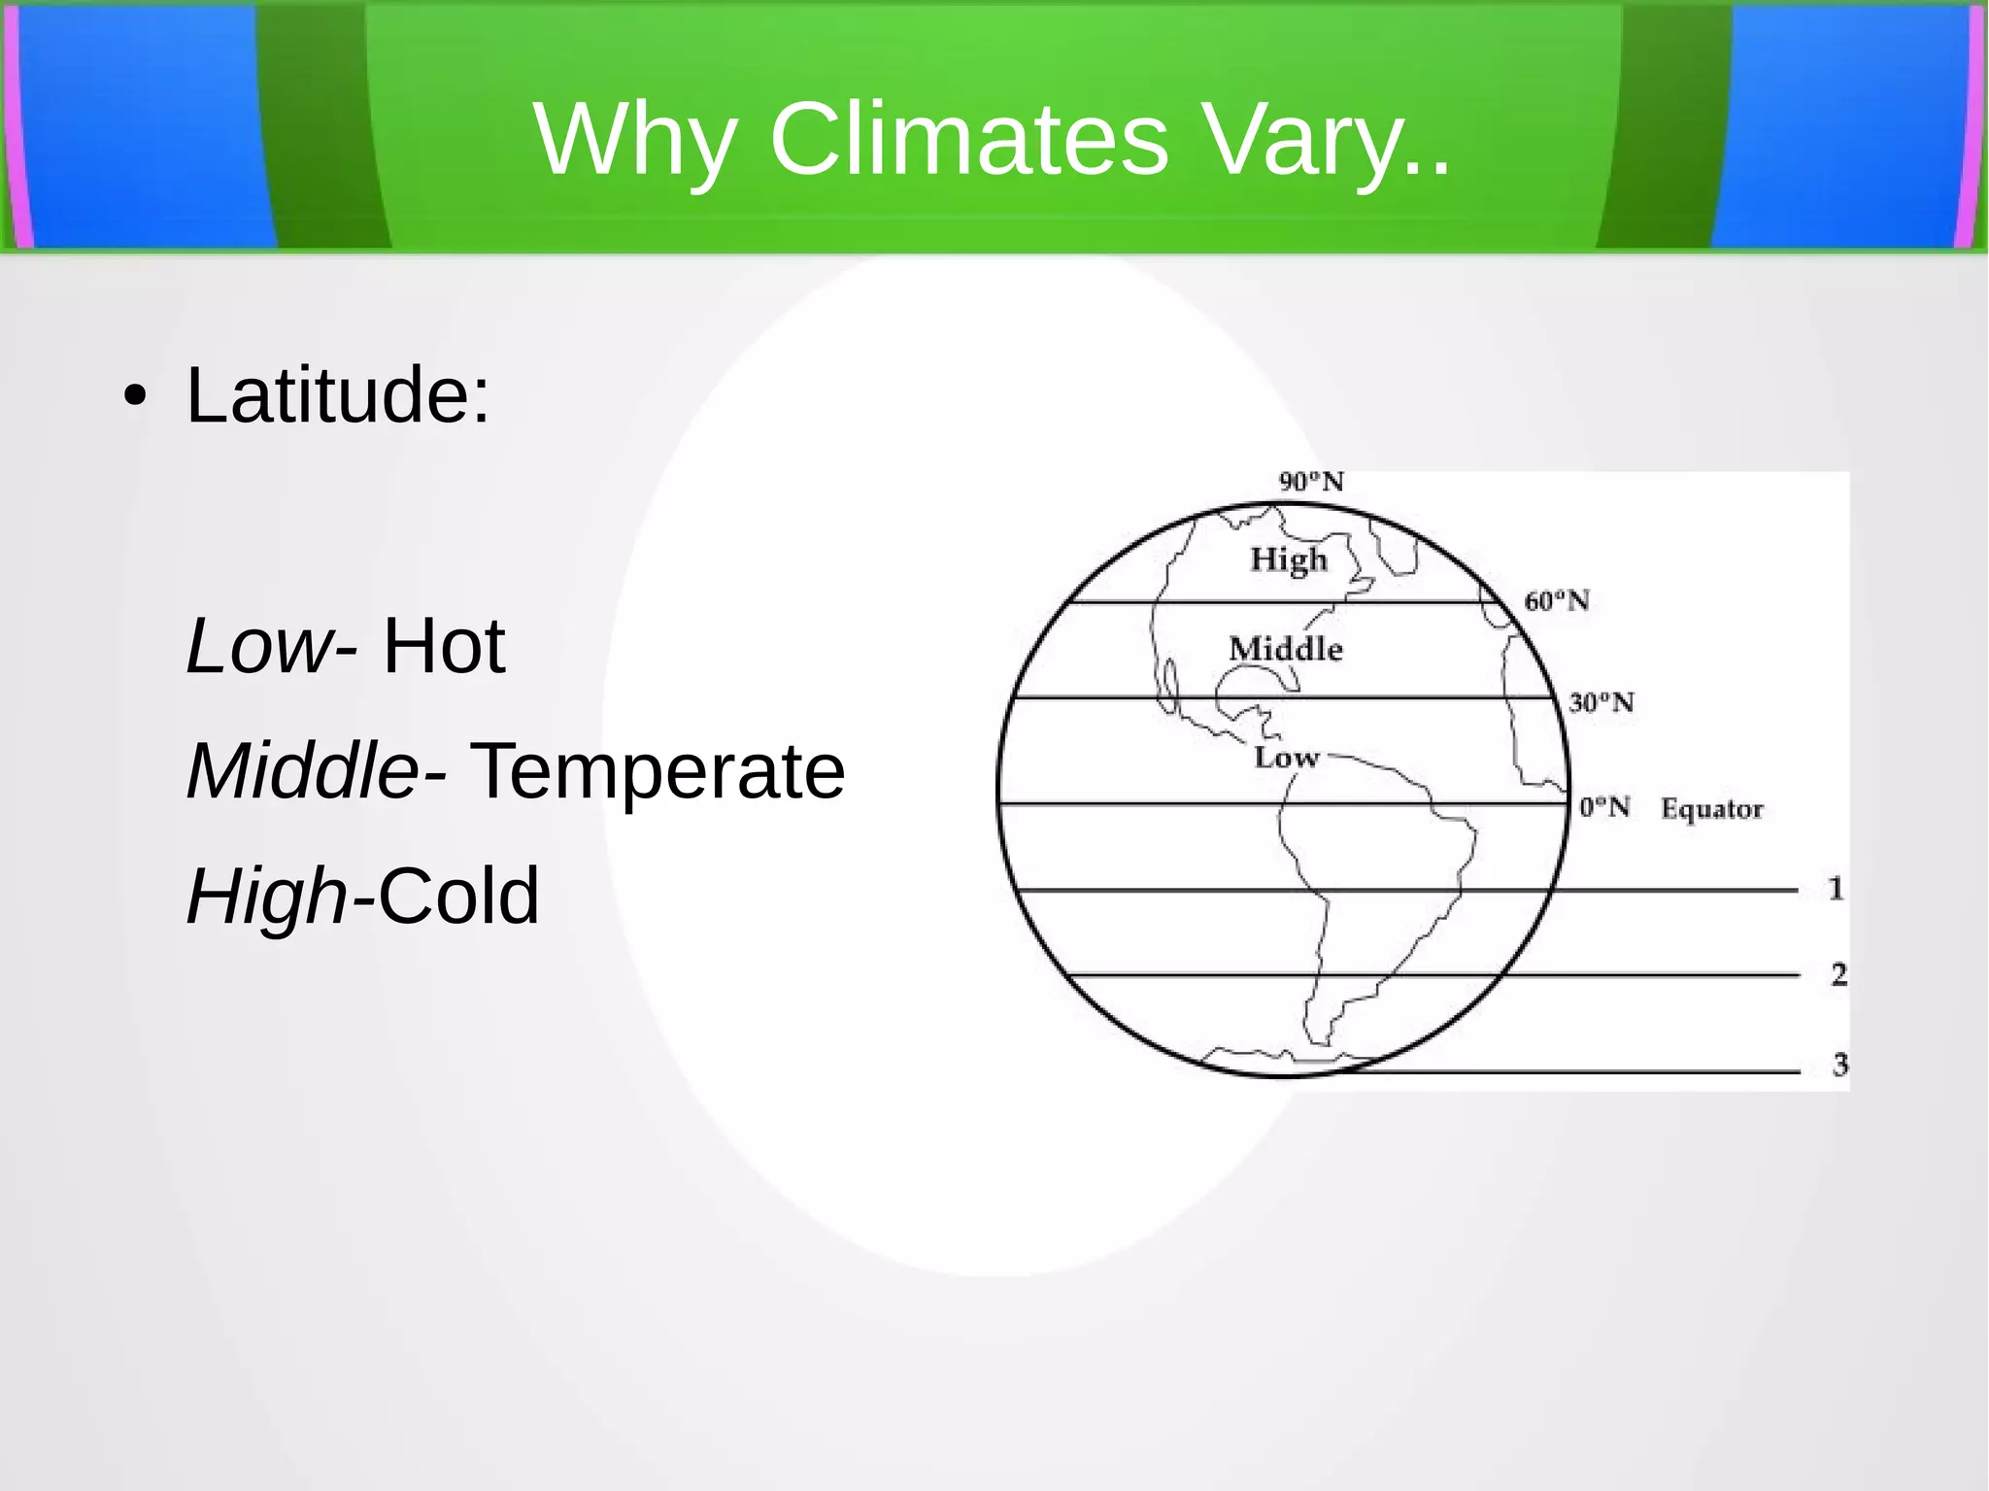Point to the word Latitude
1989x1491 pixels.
(338, 395)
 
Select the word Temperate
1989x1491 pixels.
(657, 771)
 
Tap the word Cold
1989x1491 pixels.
(457, 896)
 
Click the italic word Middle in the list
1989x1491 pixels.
(302, 771)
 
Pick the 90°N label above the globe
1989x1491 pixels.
(1311, 482)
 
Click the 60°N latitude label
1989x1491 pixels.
(1557, 601)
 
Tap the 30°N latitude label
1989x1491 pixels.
(1601, 702)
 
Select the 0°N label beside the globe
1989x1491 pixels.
(1604, 807)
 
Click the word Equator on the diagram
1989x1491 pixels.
(1711, 809)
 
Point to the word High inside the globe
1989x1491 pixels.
(1288, 559)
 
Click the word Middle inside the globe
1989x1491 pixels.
(1285, 649)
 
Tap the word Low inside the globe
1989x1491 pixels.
(1286, 757)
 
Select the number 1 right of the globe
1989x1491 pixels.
(1836, 889)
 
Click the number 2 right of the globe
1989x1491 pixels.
(1838, 974)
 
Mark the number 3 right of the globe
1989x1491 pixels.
(1839, 1066)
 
